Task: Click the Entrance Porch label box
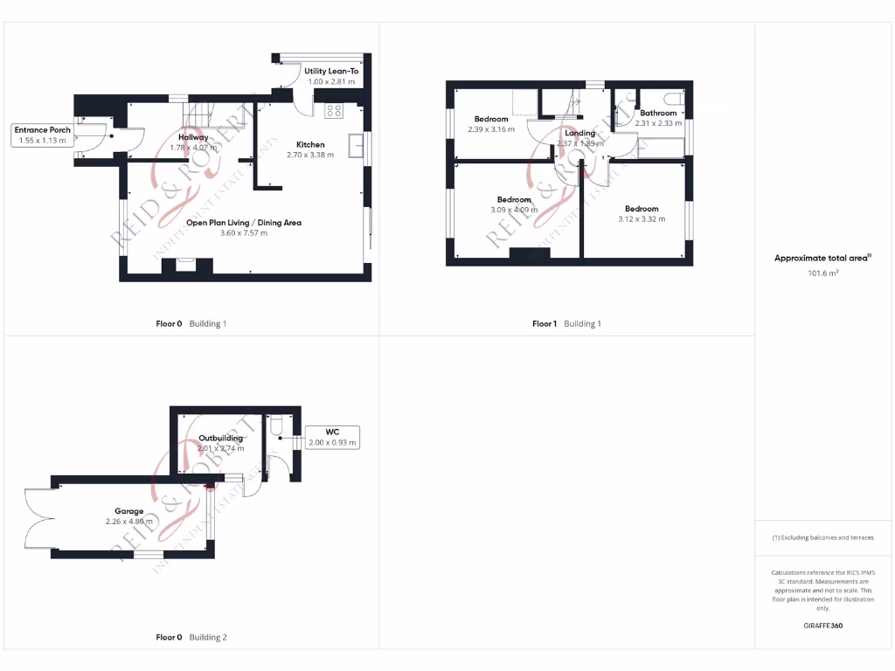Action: pos(42,135)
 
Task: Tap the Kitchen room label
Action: pos(310,144)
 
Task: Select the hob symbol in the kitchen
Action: pos(334,111)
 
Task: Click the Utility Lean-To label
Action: pos(331,71)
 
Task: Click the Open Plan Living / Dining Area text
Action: pos(244,223)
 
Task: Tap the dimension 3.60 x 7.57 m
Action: pos(244,233)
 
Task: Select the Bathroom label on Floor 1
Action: pos(657,113)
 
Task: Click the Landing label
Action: pos(579,134)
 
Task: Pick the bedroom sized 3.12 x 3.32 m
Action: pos(642,214)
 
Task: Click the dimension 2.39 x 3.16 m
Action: pos(490,129)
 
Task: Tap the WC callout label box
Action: pos(331,437)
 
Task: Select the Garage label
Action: pos(128,511)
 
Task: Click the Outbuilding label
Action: pos(220,438)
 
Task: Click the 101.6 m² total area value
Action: pos(822,273)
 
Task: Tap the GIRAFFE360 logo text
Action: pos(822,626)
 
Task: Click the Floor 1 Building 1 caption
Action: pos(566,323)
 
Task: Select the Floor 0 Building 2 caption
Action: pos(191,637)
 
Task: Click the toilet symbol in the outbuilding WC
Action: pos(276,425)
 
